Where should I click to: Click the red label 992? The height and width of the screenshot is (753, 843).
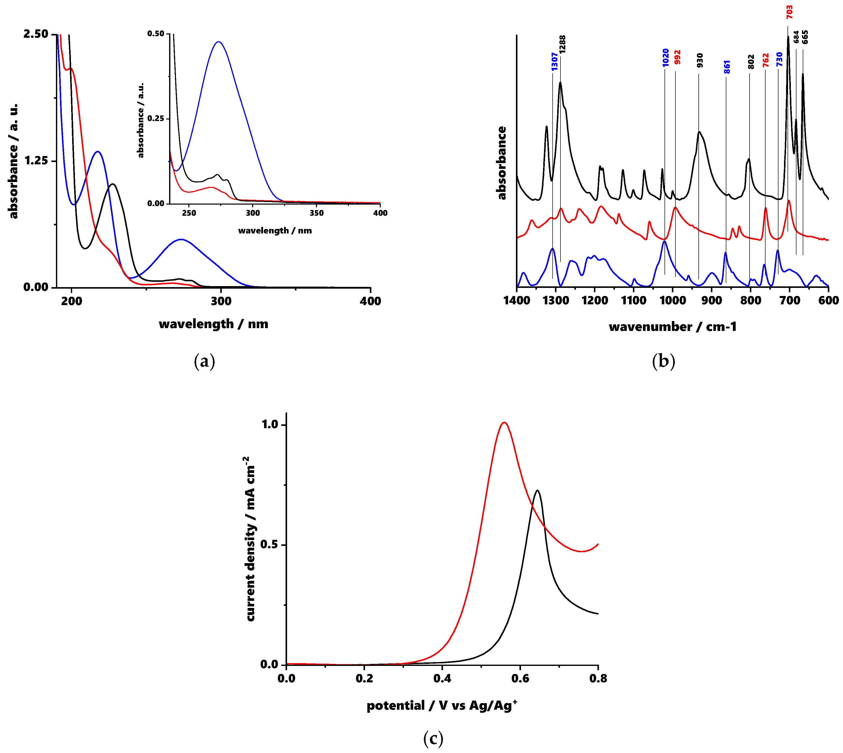pyautogui.click(x=677, y=57)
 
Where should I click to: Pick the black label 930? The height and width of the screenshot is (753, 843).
pyautogui.click(x=699, y=61)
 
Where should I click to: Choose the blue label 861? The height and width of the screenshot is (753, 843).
pyautogui.click(x=727, y=67)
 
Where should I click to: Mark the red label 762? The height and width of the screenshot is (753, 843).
pyautogui.click(x=766, y=61)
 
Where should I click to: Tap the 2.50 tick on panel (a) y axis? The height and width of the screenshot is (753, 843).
pyautogui.click(x=36, y=34)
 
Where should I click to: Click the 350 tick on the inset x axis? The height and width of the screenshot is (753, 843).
pyautogui.click(x=316, y=213)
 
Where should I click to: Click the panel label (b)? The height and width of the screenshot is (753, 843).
pyautogui.click(x=663, y=361)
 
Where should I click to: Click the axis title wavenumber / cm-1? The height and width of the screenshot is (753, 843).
pyautogui.click(x=673, y=327)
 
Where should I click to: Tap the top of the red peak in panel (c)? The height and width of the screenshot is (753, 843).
pyautogui.click(x=504, y=422)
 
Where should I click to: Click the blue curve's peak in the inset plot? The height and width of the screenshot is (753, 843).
pyautogui.click(x=218, y=42)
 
